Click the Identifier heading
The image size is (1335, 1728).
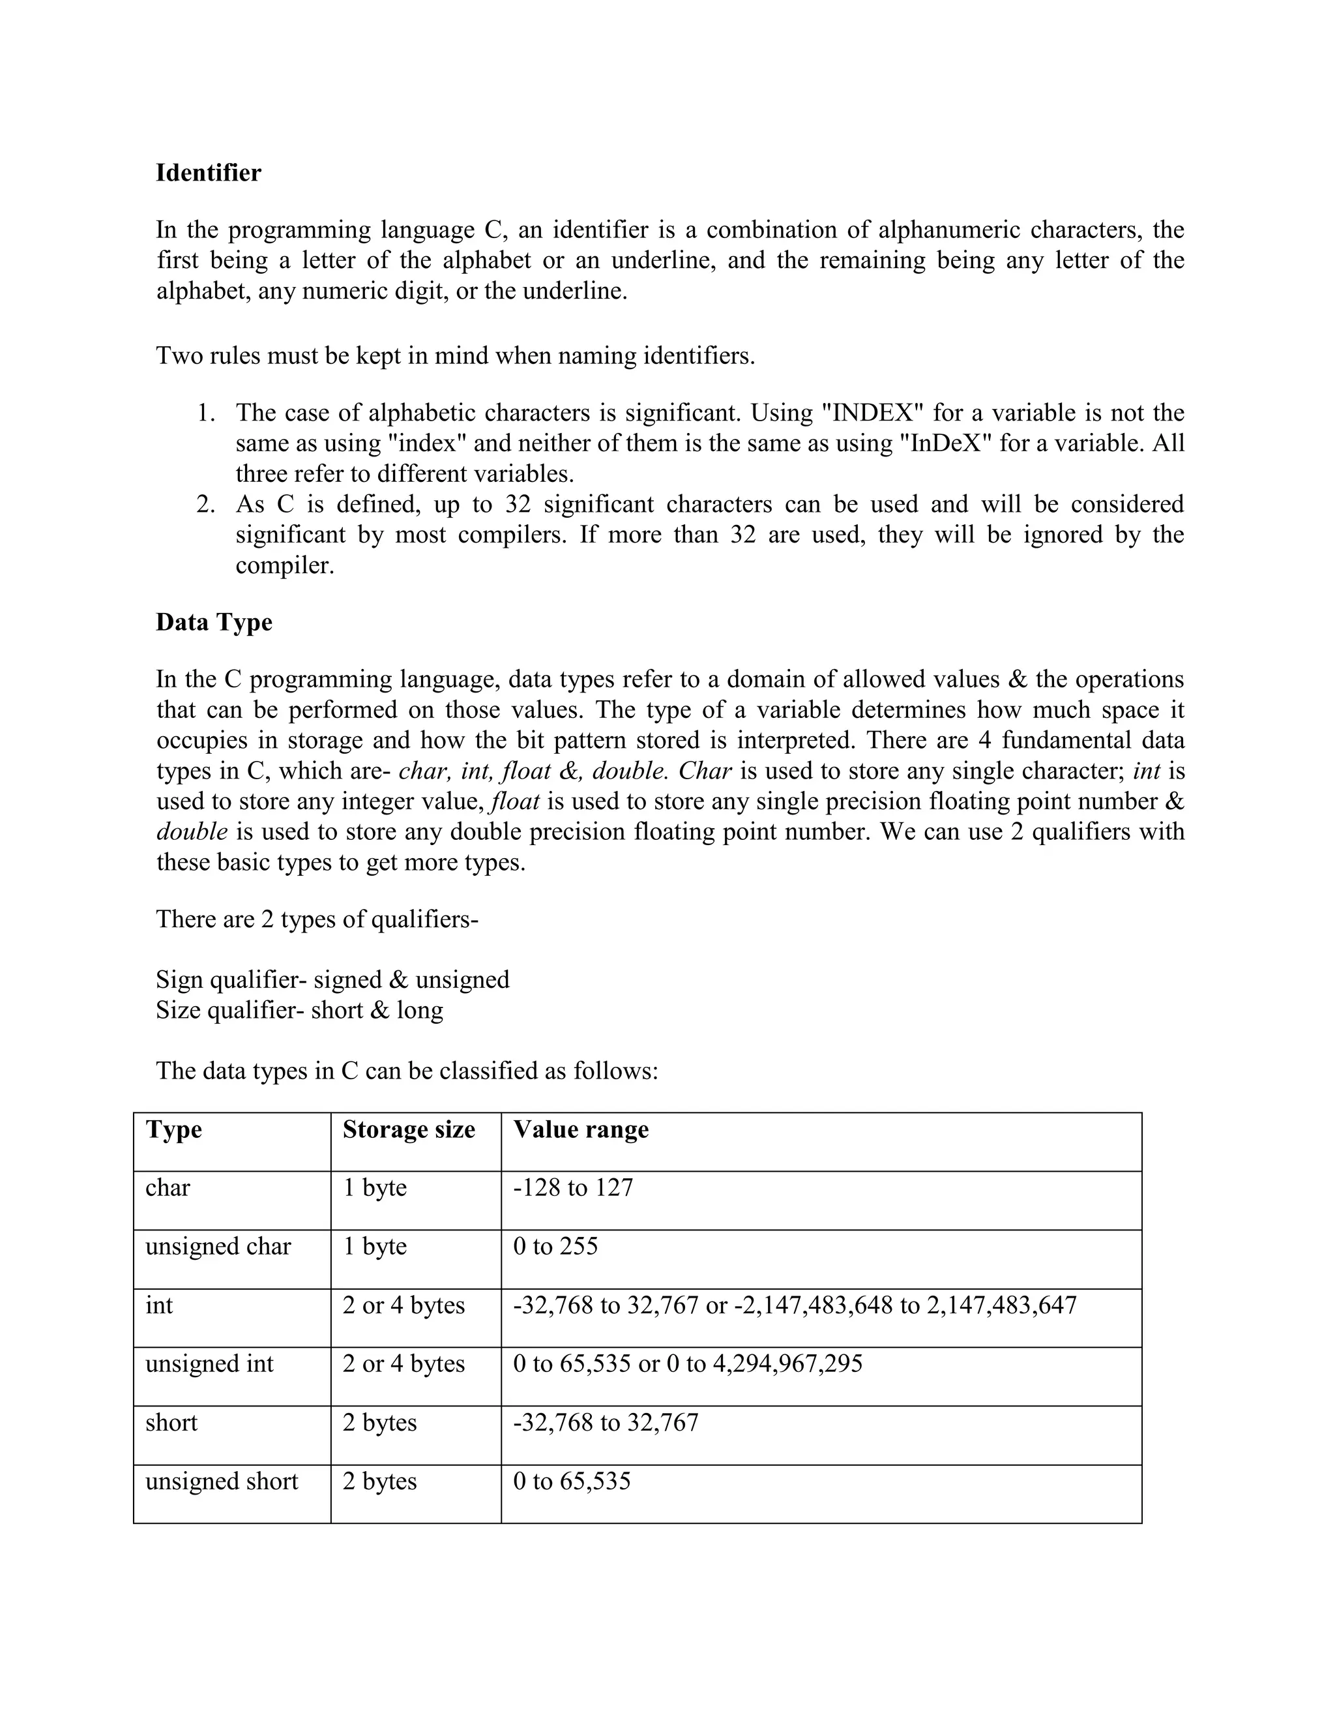click(x=208, y=173)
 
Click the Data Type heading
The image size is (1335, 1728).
click(x=214, y=622)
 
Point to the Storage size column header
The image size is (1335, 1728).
click(x=408, y=1129)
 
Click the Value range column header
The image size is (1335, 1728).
click(x=581, y=1129)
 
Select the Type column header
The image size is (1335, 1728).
click(x=173, y=1129)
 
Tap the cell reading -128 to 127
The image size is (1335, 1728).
click(x=574, y=1187)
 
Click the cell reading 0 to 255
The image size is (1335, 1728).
click(x=555, y=1246)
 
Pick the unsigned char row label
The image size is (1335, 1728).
click(x=218, y=1246)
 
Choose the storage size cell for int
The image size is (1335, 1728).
click(x=403, y=1305)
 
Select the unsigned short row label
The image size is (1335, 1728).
click(x=222, y=1480)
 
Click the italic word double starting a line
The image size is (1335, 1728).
click(x=192, y=831)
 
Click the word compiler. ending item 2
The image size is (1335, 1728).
click(x=285, y=566)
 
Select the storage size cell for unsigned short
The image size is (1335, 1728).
click(x=379, y=1480)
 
